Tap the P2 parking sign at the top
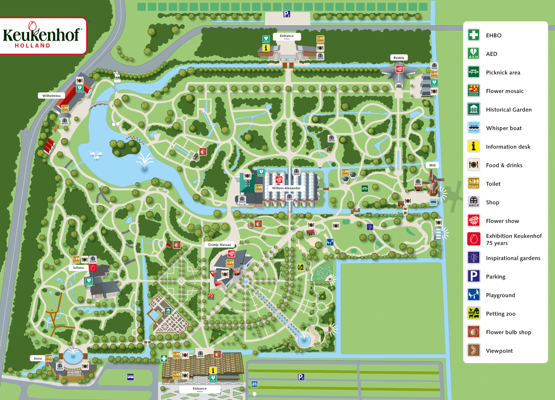(x=287, y=14)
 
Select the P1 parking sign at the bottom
(x=301, y=377)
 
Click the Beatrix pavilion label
(x=399, y=58)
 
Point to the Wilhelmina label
(x=51, y=96)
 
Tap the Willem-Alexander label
(x=286, y=188)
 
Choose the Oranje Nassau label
(x=219, y=245)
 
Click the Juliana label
(x=78, y=268)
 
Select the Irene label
(x=38, y=358)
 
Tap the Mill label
(x=432, y=165)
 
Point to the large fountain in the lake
(x=144, y=163)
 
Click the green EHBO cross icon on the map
(x=164, y=358)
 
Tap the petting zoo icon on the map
(x=300, y=267)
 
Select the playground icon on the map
(x=330, y=242)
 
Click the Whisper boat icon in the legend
(x=473, y=128)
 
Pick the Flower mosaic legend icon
(x=473, y=91)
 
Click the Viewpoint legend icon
(x=473, y=350)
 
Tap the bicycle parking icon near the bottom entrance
(x=254, y=384)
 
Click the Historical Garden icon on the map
(x=168, y=311)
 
